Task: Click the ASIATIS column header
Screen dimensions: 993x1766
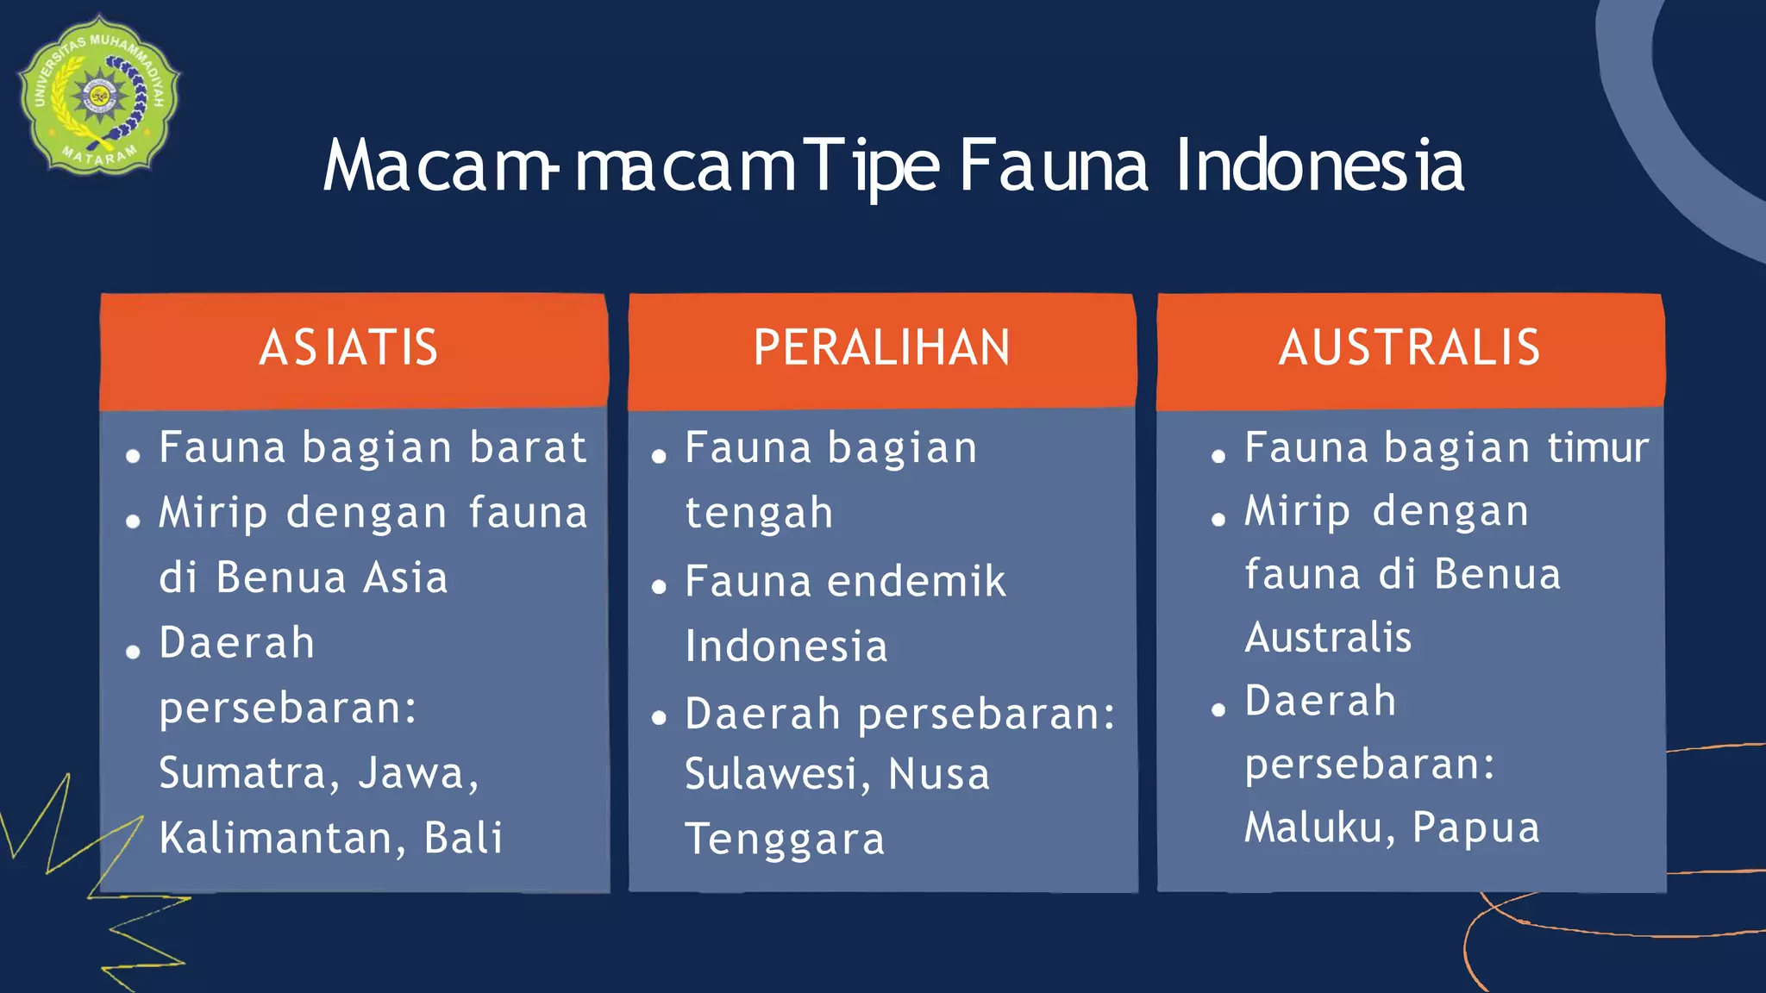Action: click(x=349, y=347)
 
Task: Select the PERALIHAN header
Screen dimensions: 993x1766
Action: click(x=881, y=347)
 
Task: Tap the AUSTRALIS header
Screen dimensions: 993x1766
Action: click(x=1409, y=347)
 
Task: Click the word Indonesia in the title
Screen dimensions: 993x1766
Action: click(x=1319, y=165)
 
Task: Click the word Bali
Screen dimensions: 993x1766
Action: click(x=464, y=838)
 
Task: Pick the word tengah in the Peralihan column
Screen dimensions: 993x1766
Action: click(x=759, y=514)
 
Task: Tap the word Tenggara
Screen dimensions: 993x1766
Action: click(x=785, y=840)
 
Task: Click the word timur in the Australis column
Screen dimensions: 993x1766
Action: click(x=1598, y=447)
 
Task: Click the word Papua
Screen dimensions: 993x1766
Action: click(x=1476, y=827)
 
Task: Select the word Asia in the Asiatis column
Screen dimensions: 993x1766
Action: click(x=405, y=578)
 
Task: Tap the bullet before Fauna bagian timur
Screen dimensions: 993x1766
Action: click(x=1218, y=456)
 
